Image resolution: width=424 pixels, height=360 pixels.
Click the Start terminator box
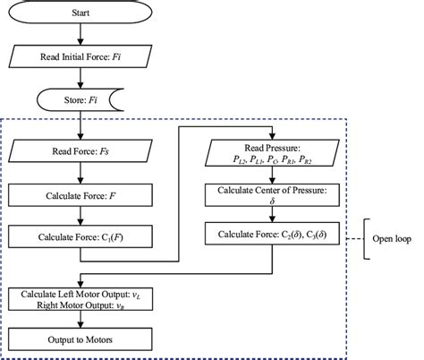(81, 15)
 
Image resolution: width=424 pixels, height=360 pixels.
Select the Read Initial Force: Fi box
(81, 58)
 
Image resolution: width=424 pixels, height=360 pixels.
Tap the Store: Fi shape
(81, 99)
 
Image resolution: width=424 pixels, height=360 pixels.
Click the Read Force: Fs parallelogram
(81, 152)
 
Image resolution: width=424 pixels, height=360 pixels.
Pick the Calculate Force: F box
(81, 193)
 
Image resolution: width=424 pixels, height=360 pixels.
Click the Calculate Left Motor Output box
(81, 296)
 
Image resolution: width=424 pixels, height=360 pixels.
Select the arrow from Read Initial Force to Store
(81, 79)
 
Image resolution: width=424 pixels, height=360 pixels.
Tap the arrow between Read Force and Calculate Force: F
(81, 173)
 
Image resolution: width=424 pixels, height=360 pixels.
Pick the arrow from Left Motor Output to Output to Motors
(81, 318)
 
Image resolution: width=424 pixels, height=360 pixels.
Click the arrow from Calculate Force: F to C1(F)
(81, 215)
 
